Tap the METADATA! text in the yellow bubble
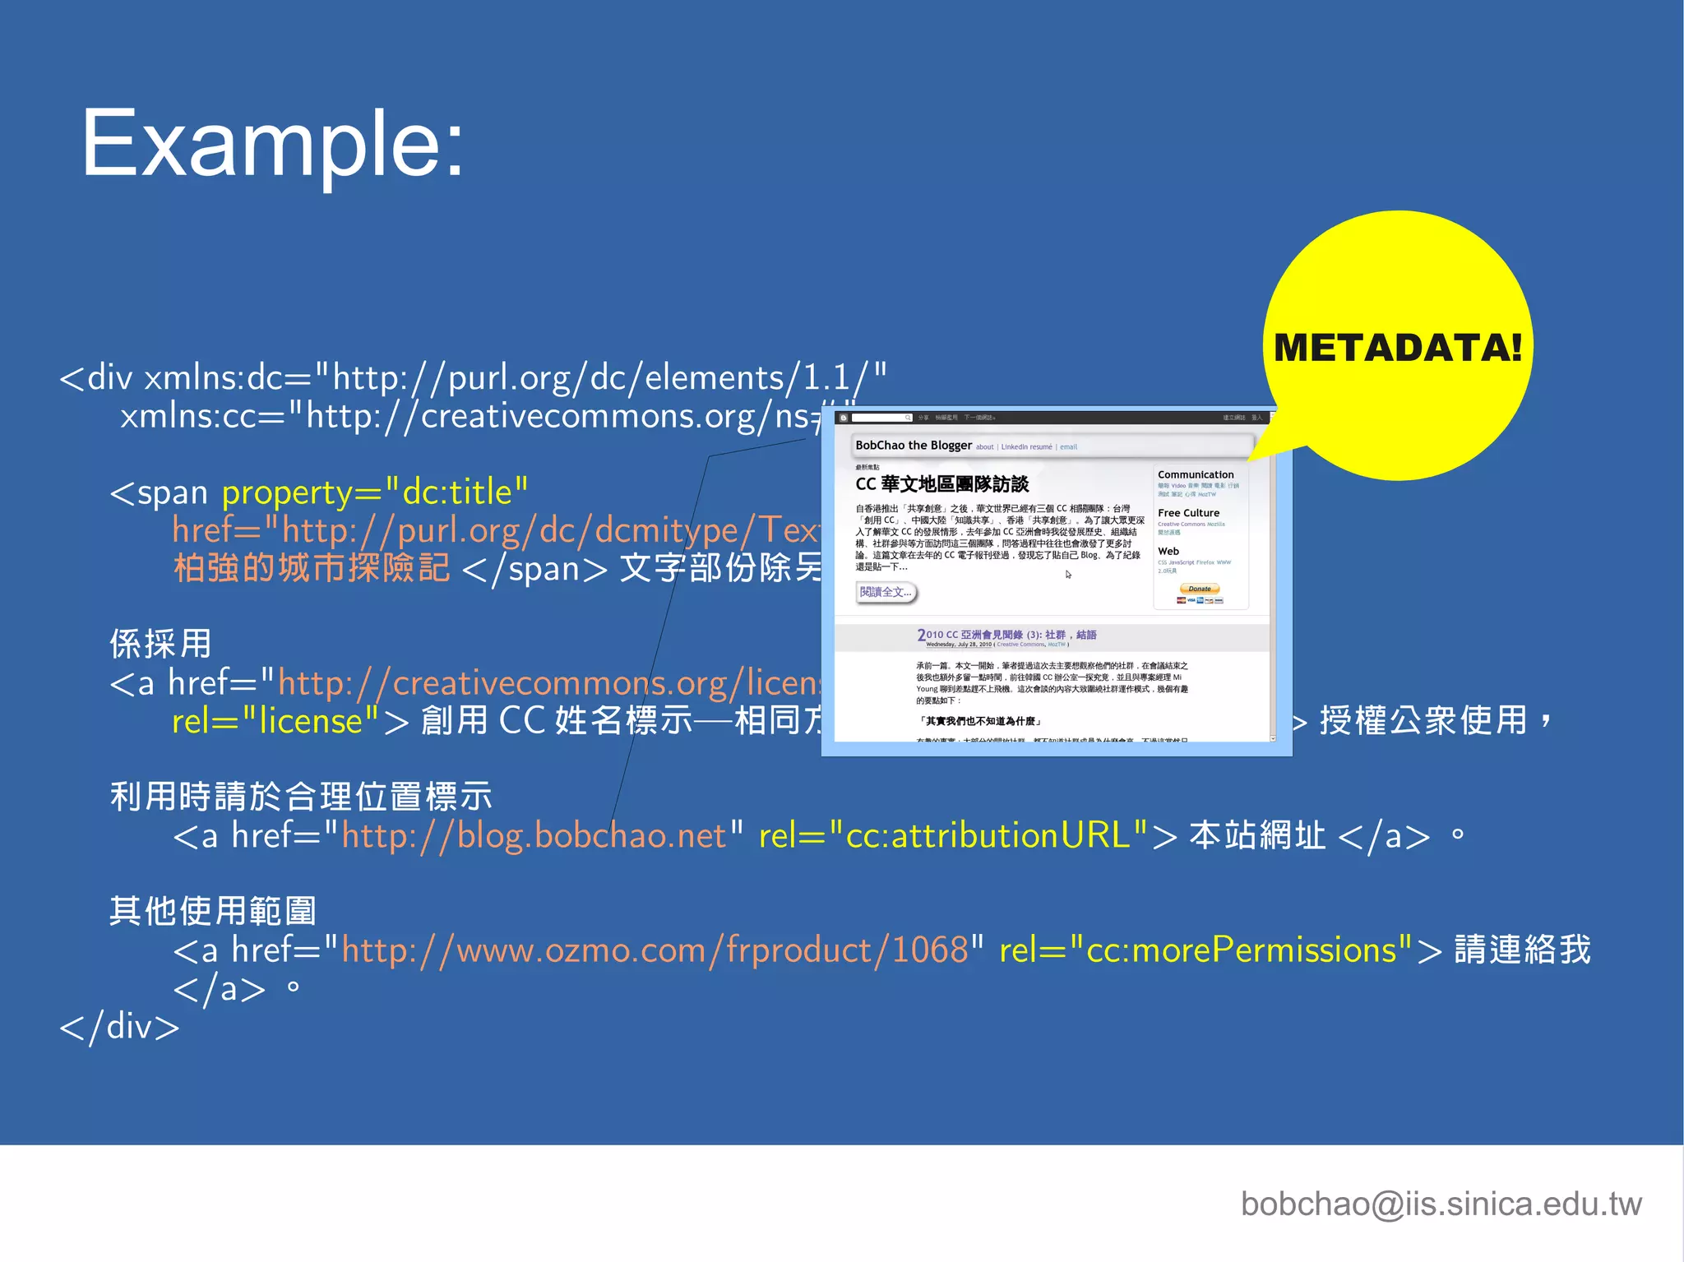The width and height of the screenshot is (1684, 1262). (1397, 348)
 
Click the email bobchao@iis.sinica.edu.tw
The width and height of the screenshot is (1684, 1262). (1441, 1204)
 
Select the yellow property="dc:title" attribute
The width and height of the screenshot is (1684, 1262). (374, 492)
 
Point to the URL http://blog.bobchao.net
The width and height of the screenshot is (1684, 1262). (534, 836)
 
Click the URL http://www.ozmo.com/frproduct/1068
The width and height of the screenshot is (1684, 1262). (655, 950)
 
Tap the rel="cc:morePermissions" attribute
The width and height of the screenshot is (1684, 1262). (1205, 950)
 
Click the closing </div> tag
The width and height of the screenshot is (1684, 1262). (120, 1027)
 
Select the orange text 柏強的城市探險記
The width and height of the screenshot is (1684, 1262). (312, 568)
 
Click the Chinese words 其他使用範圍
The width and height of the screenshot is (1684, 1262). (213, 911)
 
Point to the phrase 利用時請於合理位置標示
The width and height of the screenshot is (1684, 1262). (301, 797)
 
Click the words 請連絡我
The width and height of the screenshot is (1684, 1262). (1522, 950)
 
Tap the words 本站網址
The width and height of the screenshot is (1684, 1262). (1256, 836)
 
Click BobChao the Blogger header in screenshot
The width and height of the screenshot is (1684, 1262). (913, 446)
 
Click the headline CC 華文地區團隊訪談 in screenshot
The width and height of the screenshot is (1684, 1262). (941, 484)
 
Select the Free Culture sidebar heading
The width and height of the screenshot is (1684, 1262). (1188, 513)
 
